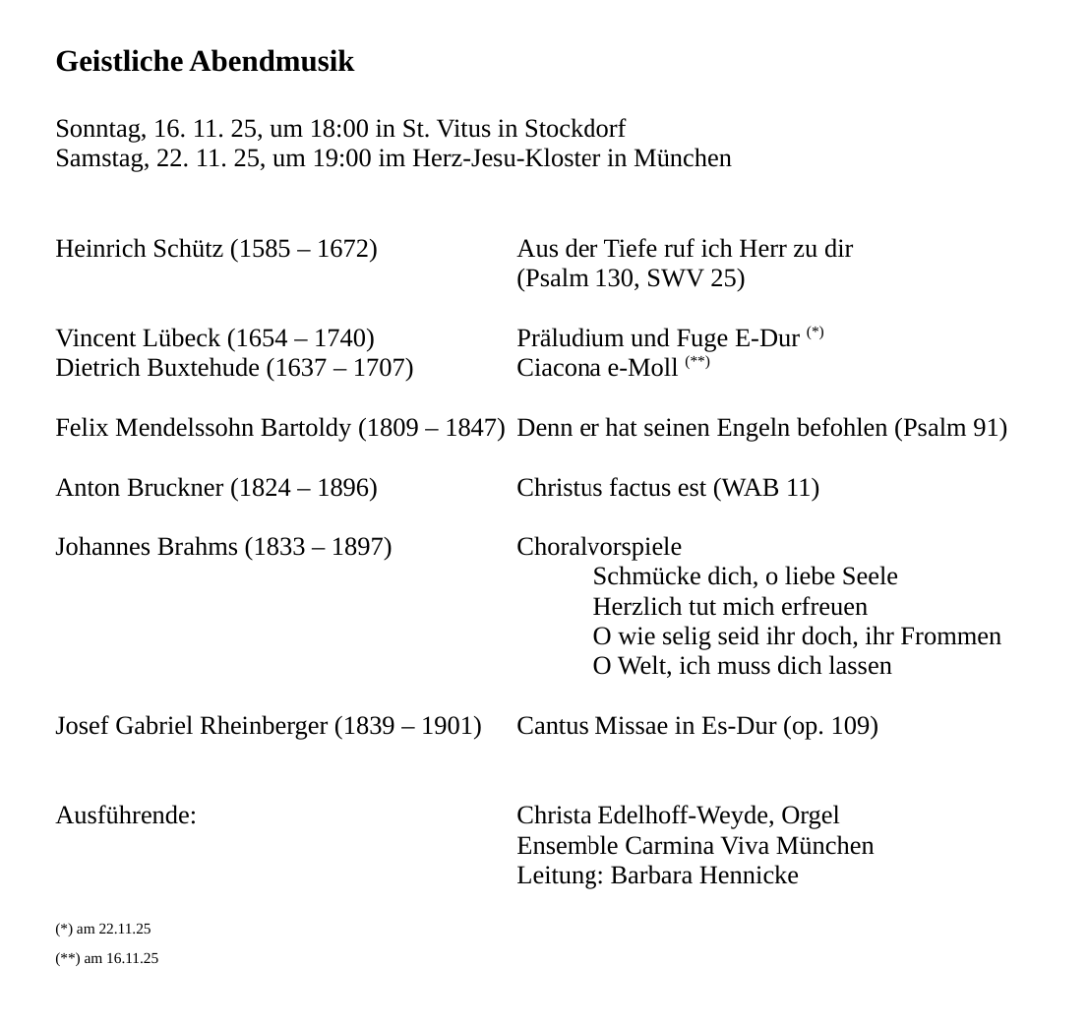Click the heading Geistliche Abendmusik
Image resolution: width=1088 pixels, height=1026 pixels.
205,62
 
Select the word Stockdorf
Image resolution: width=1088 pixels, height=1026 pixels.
574,129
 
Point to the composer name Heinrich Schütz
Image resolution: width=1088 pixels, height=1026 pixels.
139,249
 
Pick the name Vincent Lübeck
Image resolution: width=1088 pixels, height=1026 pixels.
138,338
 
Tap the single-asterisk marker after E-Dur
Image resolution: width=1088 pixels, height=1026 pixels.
815,332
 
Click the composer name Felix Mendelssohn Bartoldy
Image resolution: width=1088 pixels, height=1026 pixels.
204,428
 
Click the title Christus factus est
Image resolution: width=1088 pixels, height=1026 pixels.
611,488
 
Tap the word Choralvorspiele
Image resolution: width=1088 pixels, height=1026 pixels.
598,547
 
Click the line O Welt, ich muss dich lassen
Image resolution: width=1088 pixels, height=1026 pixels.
742,666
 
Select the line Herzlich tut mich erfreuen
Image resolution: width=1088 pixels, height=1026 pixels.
730,607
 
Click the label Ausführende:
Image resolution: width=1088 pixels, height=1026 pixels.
126,815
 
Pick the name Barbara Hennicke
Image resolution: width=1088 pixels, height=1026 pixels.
704,875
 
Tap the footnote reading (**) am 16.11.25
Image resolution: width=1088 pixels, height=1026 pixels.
106,958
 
